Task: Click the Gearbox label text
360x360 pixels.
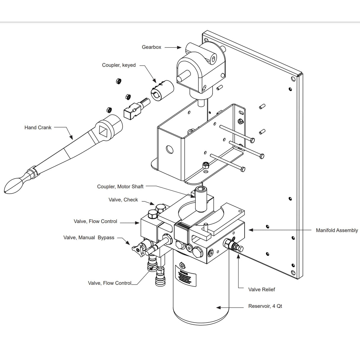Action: (x=151, y=47)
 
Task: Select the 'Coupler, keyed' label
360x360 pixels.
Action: (x=119, y=65)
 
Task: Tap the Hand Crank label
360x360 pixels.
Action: (x=38, y=128)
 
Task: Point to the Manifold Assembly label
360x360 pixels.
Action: (x=337, y=230)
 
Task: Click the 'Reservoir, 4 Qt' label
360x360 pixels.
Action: (x=265, y=306)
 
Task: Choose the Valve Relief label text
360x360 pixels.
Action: (x=262, y=289)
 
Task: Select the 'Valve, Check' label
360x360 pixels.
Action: (x=123, y=200)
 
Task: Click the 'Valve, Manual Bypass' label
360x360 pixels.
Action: (x=89, y=238)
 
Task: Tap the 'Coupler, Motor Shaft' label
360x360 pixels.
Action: (x=120, y=187)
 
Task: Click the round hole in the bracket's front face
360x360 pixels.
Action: (x=170, y=149)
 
